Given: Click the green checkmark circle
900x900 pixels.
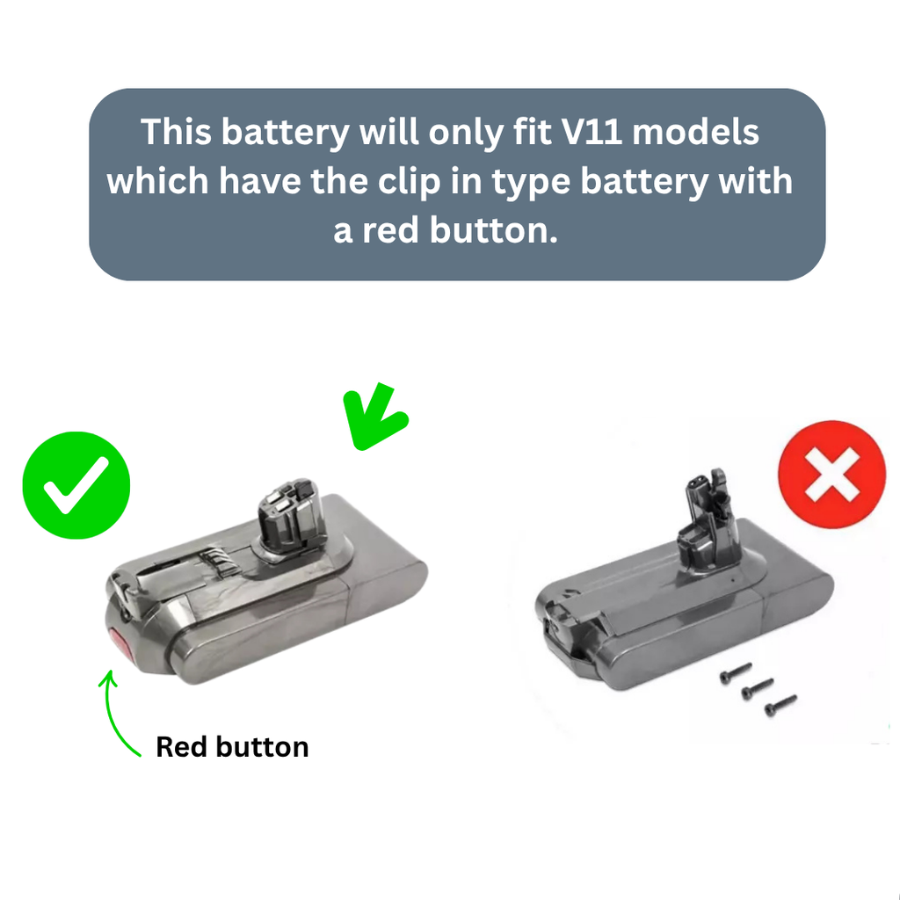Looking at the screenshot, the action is click(76, 485).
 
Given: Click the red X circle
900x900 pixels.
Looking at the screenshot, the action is click(831, 474).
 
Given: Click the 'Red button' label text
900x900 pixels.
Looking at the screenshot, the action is click(232, 747).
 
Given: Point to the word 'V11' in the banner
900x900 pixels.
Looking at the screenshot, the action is click(592, 132).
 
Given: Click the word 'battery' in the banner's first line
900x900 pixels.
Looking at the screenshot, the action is click(286, 134).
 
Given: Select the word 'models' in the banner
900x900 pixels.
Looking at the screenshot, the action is click(696, 132).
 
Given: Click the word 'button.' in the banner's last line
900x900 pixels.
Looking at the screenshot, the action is click(494, 231).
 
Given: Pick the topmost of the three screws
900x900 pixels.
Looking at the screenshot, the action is click(736, 672).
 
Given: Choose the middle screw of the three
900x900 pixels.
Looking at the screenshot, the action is click(757, 688).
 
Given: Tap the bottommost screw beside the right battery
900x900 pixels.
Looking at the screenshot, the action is click(780, 705).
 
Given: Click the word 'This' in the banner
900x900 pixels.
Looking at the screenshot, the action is click(176, 132).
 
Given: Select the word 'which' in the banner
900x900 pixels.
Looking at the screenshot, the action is click(157, 181).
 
